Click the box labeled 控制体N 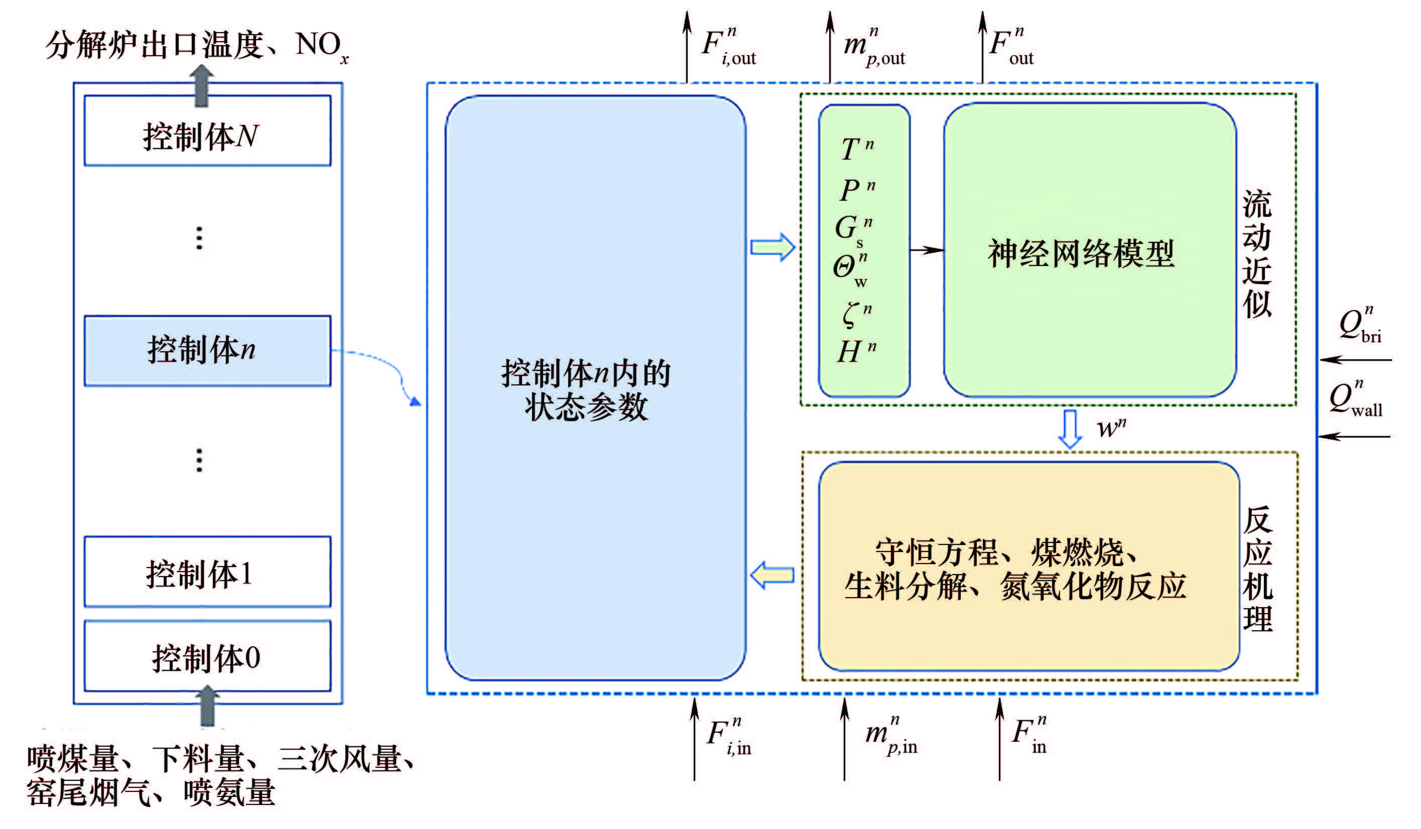207,131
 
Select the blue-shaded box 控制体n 207,351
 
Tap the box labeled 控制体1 207,572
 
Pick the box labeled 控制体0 207,656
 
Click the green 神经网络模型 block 1089,251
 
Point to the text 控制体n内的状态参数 586,389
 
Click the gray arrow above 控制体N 201,86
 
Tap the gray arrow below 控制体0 207,706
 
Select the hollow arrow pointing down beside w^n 1069,429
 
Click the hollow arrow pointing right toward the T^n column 772,247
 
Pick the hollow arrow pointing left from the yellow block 772,576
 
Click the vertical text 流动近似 1257,253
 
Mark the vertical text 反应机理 1258,569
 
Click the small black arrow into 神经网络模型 927,250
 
